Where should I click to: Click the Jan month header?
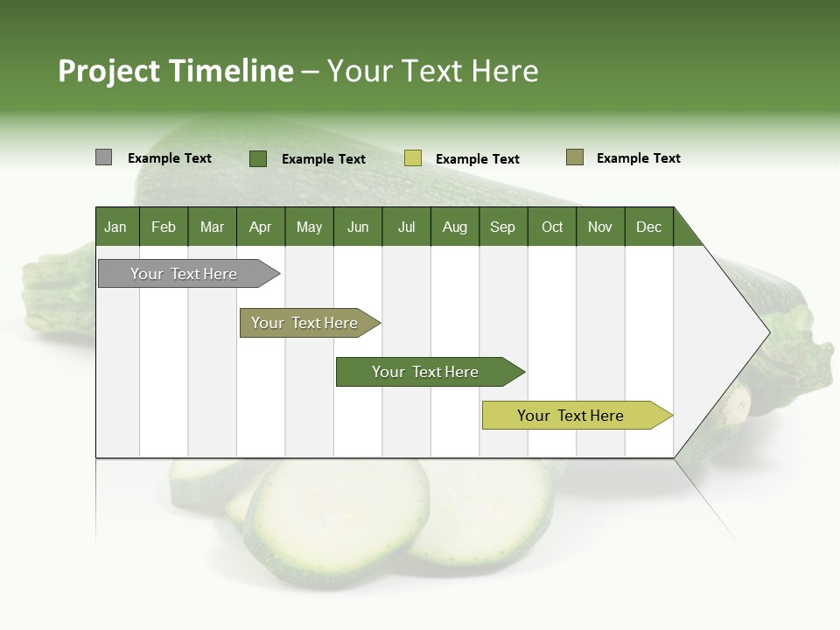click(x=116, y=227)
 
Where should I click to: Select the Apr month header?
click(x=261, y=227)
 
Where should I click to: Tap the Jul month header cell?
click(x=406, y=227)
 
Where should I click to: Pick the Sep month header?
click(x=503, y=227)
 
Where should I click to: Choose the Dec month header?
click(x=648, y=227)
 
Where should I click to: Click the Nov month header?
click(x=600, y=227)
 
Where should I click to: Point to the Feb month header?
click(x=164, y=227)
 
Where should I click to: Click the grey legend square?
click(x=103, y=157)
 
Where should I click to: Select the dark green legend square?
click(x=257, y=158)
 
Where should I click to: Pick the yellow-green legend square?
click(x=412, y=158)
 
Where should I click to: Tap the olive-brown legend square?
click(x=574, y=157)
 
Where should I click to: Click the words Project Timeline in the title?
click(x=175, y=71)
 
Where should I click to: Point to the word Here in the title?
click(x=505, y=71)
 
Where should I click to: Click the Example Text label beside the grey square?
click(x=170, y=158)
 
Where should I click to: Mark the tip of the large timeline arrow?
click(x=768, y=332)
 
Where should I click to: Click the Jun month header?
click(x=358, y=227)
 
